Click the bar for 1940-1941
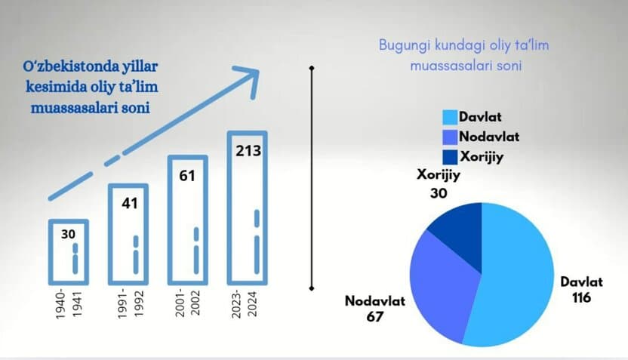(x=50, y=252)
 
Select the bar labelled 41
(x=110, y=234)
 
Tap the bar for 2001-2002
(x=170, y=220)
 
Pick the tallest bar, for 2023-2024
(x=229, y=208)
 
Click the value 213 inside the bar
(x=248, y=151)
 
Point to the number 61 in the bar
(x=187, y=176)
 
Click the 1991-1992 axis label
(x=130, y=303)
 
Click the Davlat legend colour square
(x=450, y=117)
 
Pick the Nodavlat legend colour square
(x=450, y=137)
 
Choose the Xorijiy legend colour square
(x=450, y=157)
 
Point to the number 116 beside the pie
(x=581, y=298)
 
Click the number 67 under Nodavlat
(x=375, y=317)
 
